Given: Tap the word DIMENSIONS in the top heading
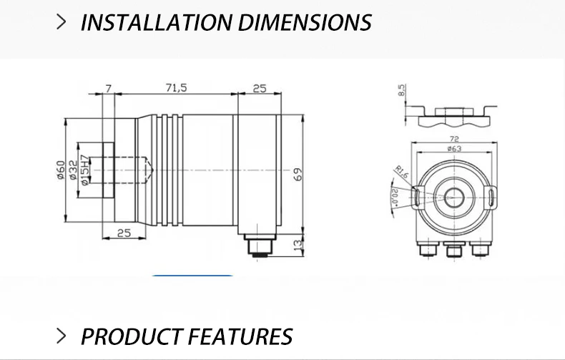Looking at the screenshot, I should click(x=305, y=22).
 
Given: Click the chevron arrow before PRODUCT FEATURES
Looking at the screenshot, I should click(x=62, y=336).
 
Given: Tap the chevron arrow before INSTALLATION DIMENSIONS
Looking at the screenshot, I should click(x=62, y=21).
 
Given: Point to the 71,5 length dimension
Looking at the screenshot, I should click(x=176, y=87).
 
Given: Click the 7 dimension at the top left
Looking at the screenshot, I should click(x=109, y=87).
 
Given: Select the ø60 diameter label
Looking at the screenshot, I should click(x=61, y=171).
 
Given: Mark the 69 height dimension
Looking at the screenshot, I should click(x=298, y=173).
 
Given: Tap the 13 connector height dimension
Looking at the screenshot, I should click(x=298, y=245).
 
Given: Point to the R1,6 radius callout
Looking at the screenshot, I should click(x=403, y=172).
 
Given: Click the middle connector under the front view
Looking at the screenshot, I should click(x=453, y=250).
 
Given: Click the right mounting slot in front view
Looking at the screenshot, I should click(x=491, y=197).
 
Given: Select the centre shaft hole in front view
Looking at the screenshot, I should click(x=453, y=197).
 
